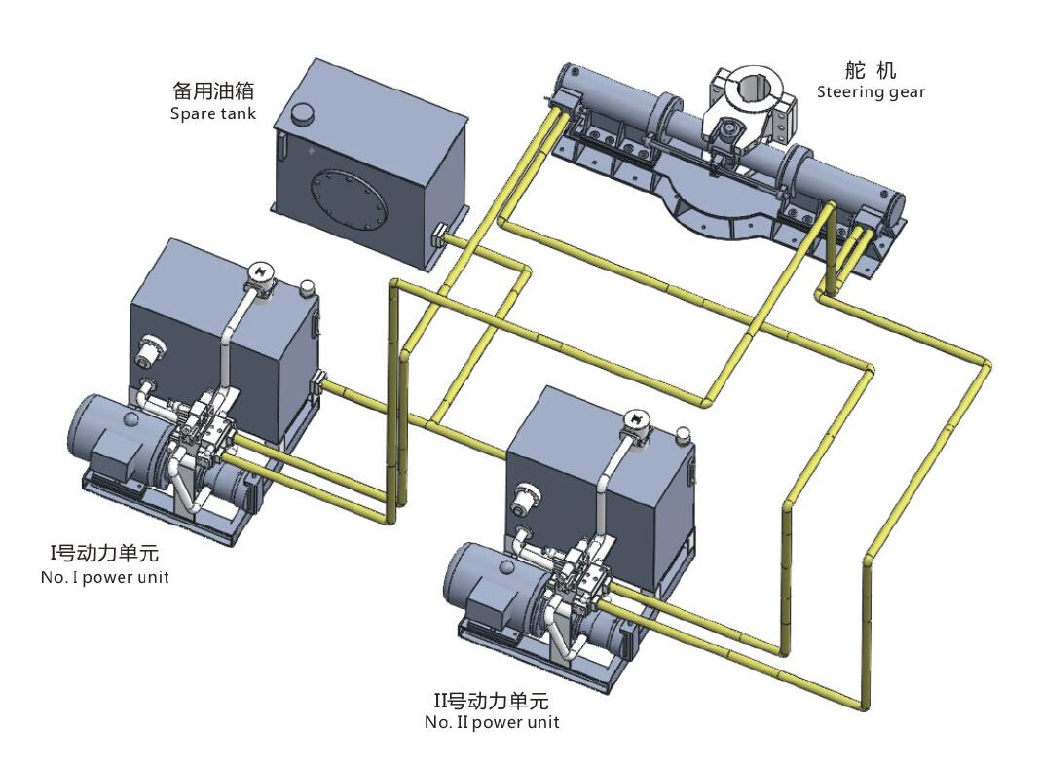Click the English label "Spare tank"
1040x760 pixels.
coord(212,113)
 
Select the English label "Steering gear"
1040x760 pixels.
coord(871,92)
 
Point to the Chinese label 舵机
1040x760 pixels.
coord(870,70)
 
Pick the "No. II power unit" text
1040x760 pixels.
coord(492,722)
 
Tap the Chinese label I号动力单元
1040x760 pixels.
coord(104,555)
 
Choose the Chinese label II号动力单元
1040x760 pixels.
coord(491,700)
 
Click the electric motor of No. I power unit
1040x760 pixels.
coord(107,433)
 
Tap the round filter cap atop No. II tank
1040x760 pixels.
coord(639,418)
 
